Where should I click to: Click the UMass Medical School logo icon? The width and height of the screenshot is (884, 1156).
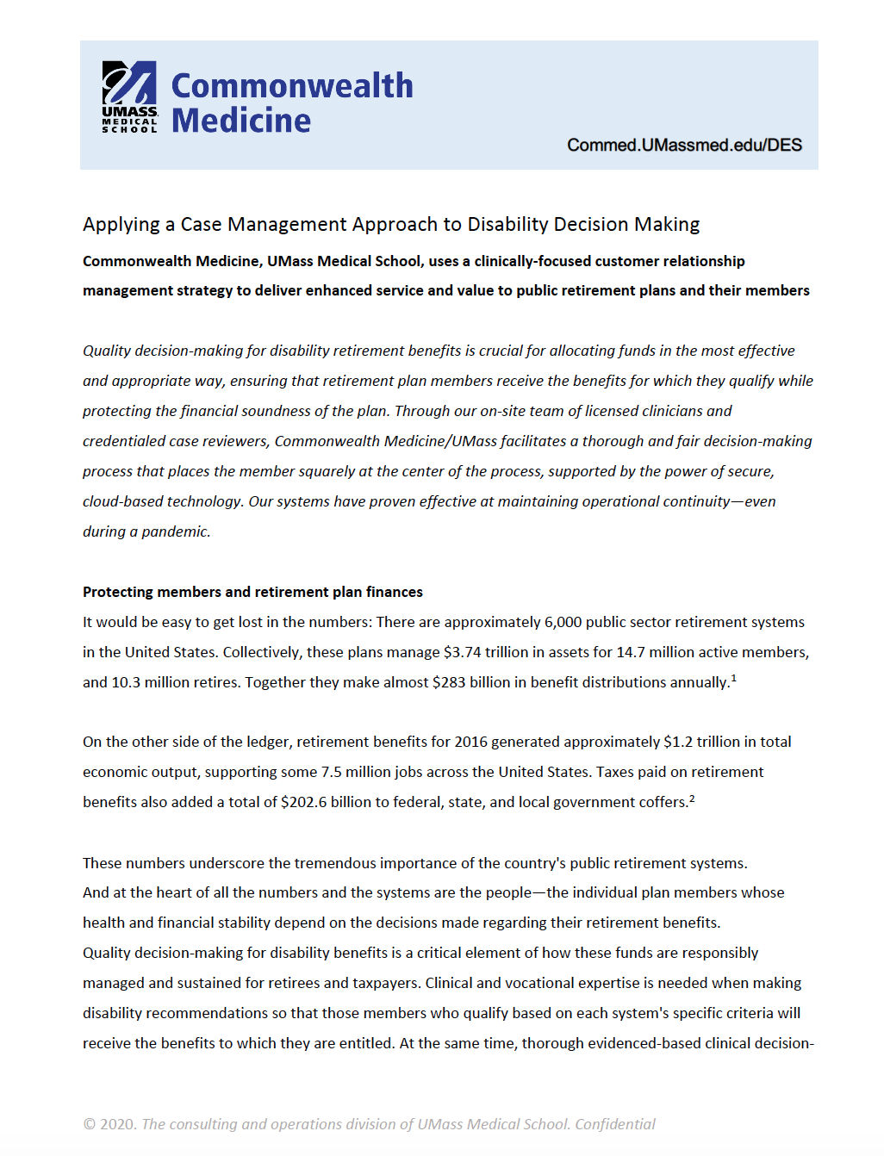(129, 96)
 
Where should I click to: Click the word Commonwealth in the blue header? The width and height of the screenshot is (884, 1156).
(292, 86)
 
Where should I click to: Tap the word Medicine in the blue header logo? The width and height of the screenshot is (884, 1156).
(241, 121)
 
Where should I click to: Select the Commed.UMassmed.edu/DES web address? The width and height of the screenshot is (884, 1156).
(684, 145)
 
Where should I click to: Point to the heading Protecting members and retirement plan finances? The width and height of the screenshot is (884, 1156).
(252, 592)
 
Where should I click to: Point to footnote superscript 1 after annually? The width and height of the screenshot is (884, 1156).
(733, 679)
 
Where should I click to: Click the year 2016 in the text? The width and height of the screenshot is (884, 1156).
(470, 742)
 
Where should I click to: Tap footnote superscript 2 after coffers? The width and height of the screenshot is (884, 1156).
(692, 799)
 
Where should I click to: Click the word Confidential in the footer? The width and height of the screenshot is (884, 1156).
(614, 1124)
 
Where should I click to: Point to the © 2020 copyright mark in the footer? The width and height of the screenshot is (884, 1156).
(109, 1124)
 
